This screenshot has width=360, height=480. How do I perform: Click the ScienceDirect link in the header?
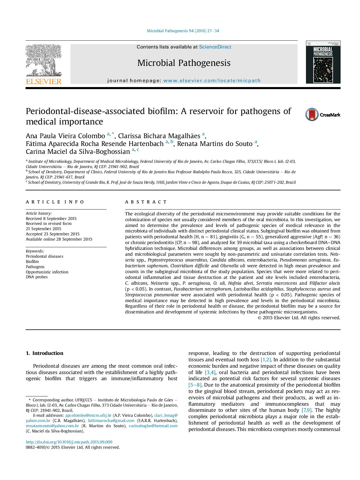coord(215,47)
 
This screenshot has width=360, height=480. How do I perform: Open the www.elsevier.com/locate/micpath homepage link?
coord(212,81)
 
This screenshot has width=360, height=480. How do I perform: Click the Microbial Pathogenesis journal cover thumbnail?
coord(323,62)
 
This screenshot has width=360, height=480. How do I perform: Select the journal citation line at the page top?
coord(183,31)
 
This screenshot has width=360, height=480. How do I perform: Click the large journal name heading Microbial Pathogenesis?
coord(184,63)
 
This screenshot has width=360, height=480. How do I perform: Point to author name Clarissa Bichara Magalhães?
coord(159,136)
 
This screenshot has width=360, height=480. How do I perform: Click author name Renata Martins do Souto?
coord(215,144)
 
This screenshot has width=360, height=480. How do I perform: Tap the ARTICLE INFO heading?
coord(55,202)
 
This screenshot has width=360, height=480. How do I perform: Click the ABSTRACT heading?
coord(146,202)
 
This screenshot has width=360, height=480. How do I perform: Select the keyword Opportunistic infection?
coord(47,272)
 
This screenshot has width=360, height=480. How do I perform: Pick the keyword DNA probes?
coord(37,277)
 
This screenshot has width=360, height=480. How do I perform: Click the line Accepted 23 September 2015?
coord(53,234)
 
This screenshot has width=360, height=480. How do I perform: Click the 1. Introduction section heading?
coord(44,353)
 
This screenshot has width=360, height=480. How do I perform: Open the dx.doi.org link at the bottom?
coord(69,442)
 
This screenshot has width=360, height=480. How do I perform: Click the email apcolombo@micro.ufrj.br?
coord(88,415)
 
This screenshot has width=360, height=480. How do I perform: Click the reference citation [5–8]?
coord(195,385)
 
